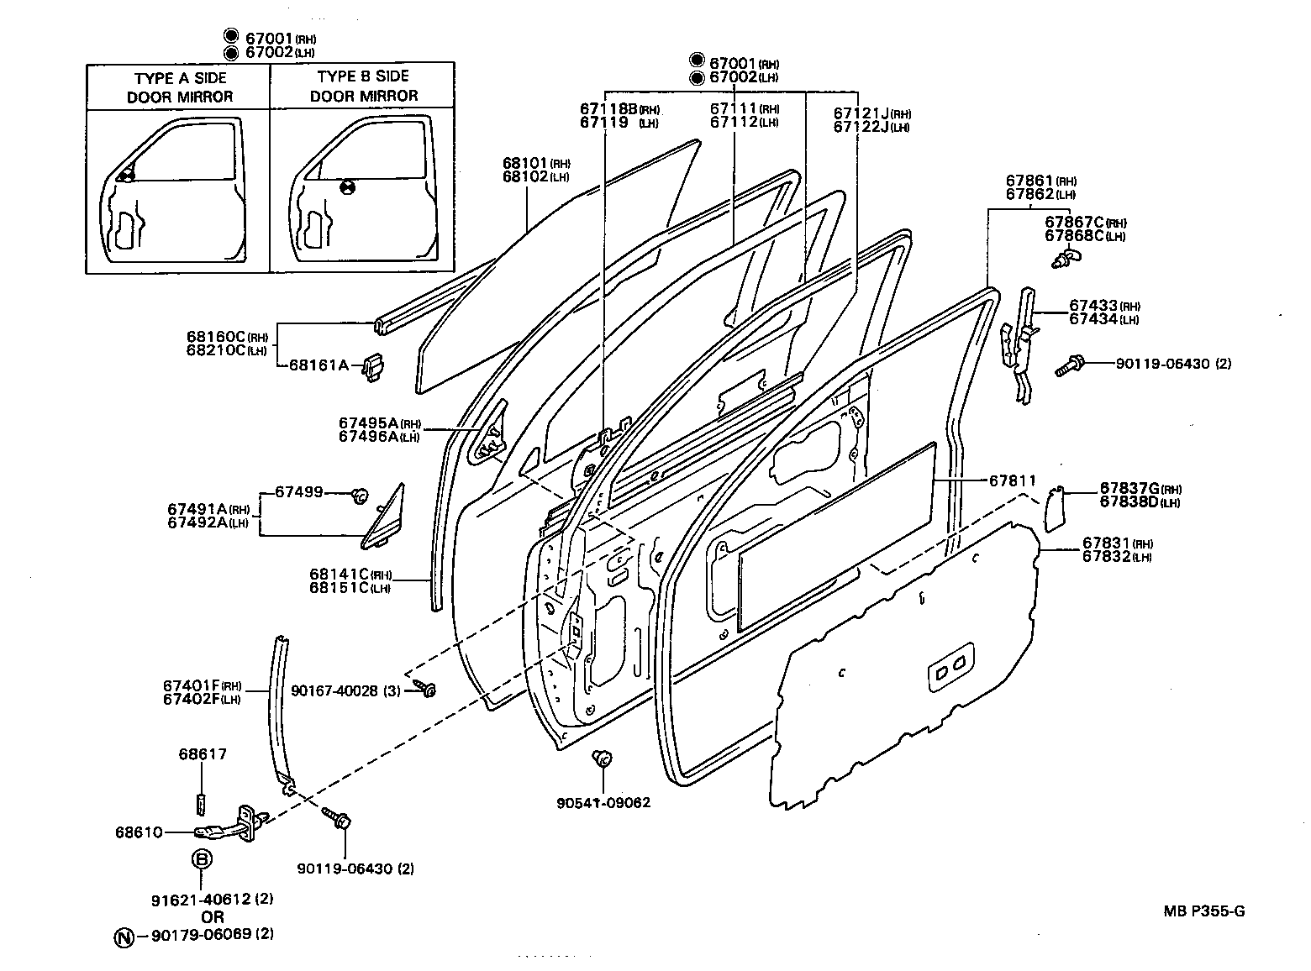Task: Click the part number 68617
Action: coord(202,754)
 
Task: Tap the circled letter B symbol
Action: coord(202,859)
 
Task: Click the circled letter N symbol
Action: coord(124,936)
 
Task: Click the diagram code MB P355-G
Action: coord(1203,911)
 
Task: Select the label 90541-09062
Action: coord(603,803)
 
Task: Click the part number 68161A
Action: coord(319,365)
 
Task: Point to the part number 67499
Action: coord(299,492)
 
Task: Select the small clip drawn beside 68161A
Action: coord(376,367)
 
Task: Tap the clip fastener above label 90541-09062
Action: coord(602,758)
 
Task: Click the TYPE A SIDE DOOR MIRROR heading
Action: coord(180,87)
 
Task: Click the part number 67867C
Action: coord(1074,222)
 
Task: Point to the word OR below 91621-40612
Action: coord(213,917)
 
